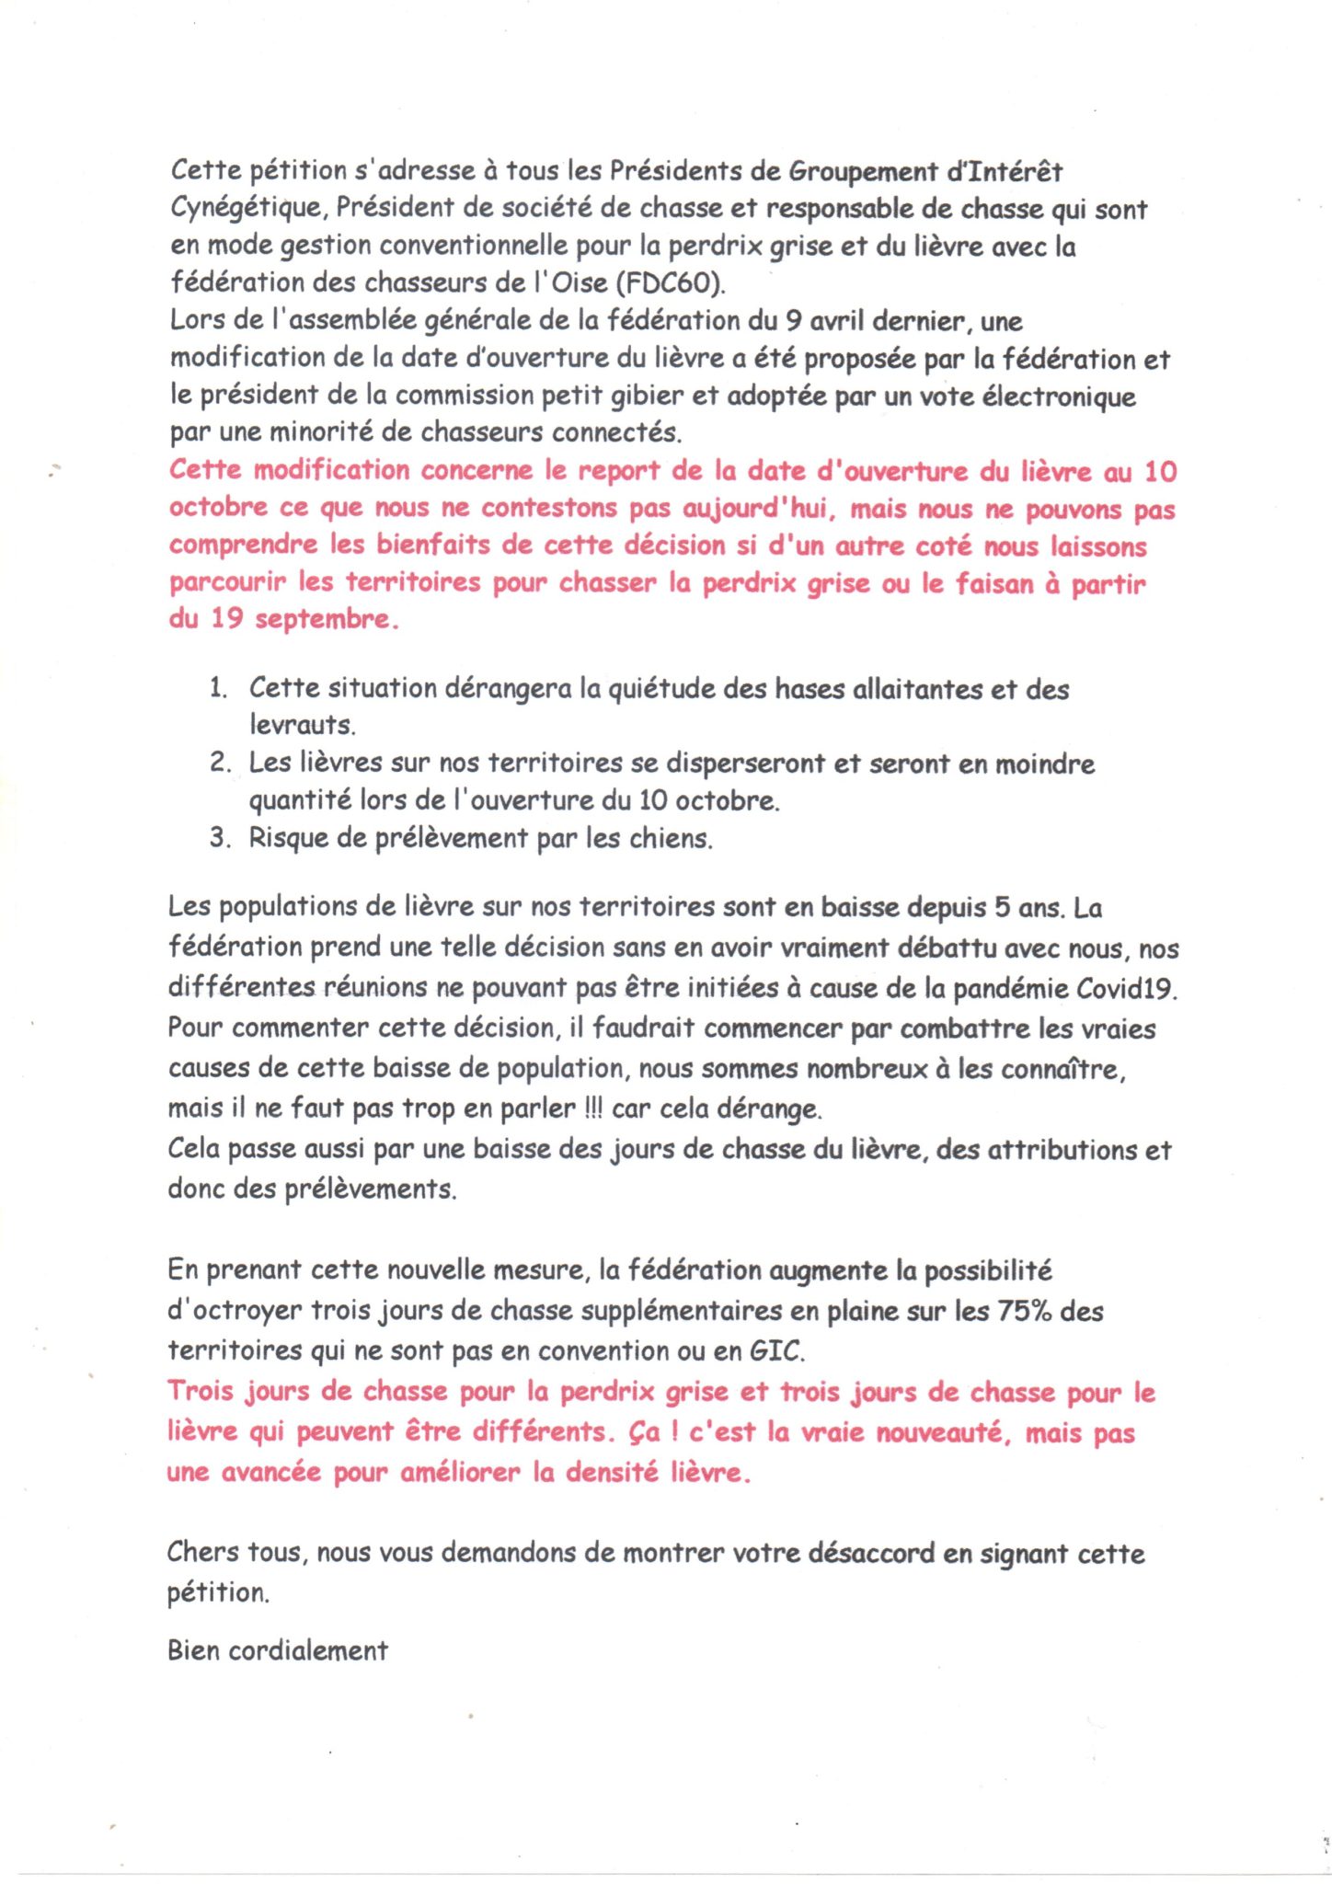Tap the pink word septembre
pos(327,619)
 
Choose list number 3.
pos(219,838)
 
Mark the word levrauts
pos(302,725)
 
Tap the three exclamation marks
pos(593,1108)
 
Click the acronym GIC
pos(777,1350)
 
